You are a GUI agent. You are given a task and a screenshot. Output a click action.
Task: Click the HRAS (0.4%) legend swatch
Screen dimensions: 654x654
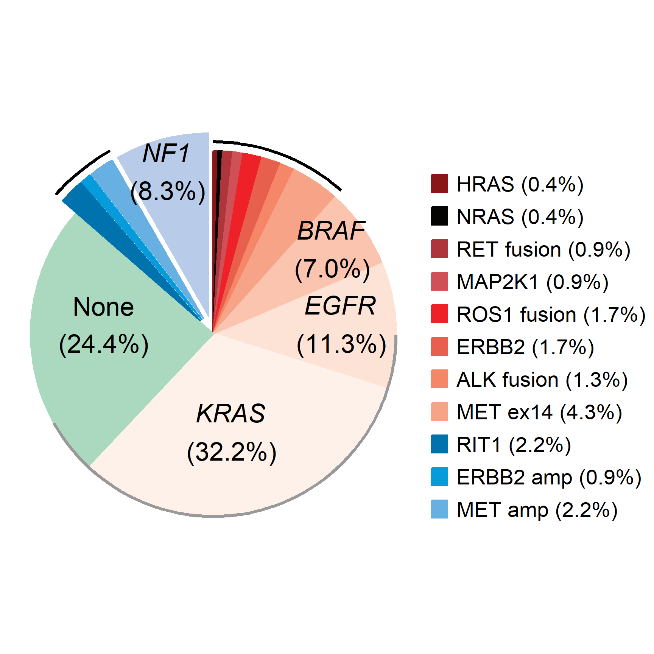click(439, 184)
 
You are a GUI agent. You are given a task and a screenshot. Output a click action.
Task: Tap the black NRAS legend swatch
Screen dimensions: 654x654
click(439, 216)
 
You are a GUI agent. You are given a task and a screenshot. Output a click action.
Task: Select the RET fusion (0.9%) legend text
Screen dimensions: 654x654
click(543, 249)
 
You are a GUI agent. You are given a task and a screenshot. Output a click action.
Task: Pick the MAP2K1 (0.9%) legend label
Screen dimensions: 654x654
click(532, 282)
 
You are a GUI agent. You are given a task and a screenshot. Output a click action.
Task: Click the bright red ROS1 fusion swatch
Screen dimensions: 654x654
click(439, 314)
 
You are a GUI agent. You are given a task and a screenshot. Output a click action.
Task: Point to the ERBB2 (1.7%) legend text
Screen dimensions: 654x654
click(525, 347)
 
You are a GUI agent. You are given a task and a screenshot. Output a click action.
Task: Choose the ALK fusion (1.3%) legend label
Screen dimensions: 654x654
click(542, 380)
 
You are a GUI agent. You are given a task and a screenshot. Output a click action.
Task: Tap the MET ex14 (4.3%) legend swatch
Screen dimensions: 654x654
click(439, 411)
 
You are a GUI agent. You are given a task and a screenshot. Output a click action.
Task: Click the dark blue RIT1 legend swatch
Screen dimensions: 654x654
click(439, 444)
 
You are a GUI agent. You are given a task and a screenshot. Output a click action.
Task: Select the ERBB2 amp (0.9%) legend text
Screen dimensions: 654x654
click(549, 477)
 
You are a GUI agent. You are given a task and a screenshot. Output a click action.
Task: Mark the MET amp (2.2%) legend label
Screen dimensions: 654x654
click(537, 510)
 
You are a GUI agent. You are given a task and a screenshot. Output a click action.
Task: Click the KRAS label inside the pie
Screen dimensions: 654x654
click(231, 413)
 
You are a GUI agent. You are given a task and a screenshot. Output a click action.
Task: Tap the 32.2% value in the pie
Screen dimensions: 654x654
click(232, 452)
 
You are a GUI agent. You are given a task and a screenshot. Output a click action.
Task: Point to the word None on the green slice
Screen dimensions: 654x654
click(103, 307)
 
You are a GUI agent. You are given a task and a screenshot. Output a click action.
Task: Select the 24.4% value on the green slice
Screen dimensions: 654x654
click(104, 344)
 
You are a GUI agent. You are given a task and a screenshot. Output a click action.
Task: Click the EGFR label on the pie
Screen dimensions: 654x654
click(340, 306)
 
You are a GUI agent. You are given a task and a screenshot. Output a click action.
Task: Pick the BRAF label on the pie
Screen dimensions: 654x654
click(331, 231)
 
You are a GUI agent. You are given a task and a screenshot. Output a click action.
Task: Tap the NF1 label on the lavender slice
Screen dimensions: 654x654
click(167, 154)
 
